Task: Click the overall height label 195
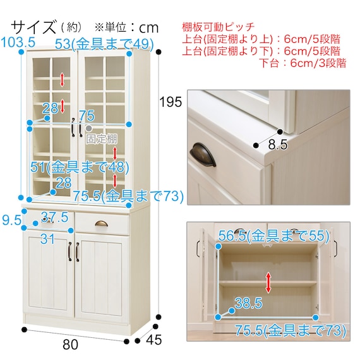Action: tap(171, 102)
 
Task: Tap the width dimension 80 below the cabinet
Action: tap(71, 345)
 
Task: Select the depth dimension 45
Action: tap(154, 340)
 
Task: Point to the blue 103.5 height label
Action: tap(18, 42)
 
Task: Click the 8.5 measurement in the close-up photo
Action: tap(278, 145)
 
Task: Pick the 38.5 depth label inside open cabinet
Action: tap(248, 303)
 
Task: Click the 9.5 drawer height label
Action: tap(11, 220)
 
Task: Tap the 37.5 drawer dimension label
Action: tap(55, 217)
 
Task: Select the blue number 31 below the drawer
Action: tap(47, 239)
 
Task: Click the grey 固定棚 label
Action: tap(102, 139)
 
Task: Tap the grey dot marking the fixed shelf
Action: tap(89, 128)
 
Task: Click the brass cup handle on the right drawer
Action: tap(102, 224)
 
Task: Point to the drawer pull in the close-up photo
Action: tap(203, 155)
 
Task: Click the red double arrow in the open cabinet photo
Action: tap(268, 282)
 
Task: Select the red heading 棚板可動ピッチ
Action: tap(219, 27)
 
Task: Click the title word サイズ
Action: tap(33, 27)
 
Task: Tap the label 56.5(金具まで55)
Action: tap(273, 236)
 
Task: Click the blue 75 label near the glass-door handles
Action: tap(87, 116)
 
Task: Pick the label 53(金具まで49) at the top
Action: tap(104, 44)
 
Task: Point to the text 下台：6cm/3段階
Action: tap(303, 63)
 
